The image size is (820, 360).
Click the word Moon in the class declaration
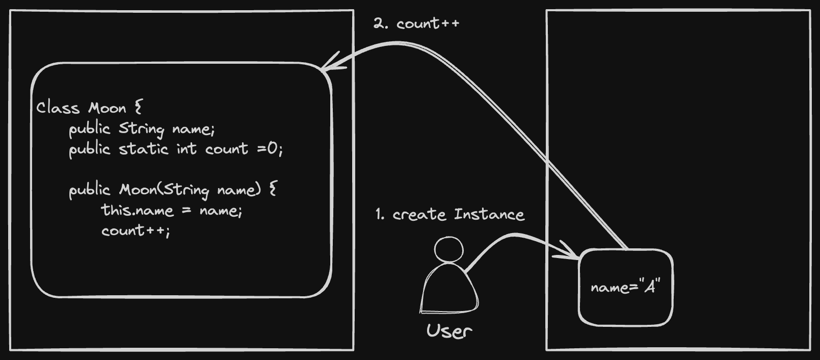107,108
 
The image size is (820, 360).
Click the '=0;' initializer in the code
270,149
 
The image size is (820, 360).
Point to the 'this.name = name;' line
172,210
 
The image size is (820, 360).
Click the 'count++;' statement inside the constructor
136,231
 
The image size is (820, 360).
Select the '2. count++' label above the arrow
416,23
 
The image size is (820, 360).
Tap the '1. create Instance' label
449,215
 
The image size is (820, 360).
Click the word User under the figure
449,331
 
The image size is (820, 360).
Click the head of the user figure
448,249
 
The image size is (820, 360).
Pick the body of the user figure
448,291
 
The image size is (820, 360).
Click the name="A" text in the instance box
625,287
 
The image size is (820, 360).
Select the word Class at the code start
58,108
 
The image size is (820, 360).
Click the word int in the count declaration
187,149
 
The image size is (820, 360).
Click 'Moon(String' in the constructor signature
164,190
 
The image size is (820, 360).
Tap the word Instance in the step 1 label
489,215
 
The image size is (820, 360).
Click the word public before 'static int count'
90,149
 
